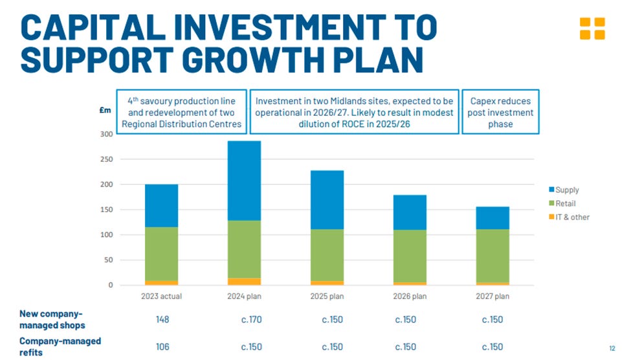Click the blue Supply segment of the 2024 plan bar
click(243, 181)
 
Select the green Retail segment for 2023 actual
click(161, 253)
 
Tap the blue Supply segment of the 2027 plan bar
click(492, 218)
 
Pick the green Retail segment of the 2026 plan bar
click(410, 256)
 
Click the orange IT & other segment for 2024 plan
click(243, 282)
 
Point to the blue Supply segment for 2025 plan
click(327, 199)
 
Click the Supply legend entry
click(564, 190)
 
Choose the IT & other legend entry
click(569, 217)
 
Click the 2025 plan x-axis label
click(327, 297)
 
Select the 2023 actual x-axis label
click(161, 297)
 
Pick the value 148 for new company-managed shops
click(162, 319)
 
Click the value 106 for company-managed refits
click(162, 346)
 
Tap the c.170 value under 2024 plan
click(251, 319)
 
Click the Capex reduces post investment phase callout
click(500, 112)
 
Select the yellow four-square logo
click(592, 28)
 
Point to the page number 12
click(612, 348)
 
